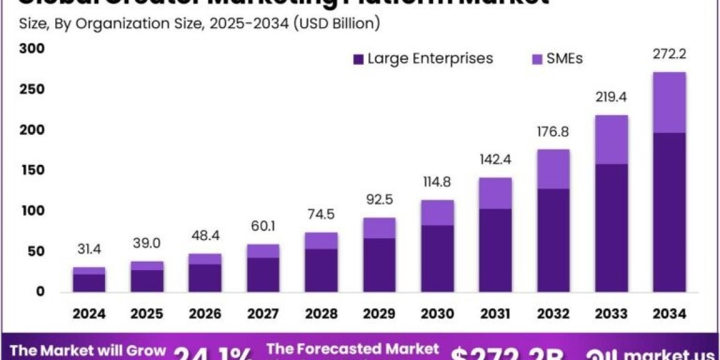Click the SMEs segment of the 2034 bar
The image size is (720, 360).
point(669,103)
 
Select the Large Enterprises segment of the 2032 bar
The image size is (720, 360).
point(554,240)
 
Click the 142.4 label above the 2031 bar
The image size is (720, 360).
point(495,161)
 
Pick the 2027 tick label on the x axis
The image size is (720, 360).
point(263,314)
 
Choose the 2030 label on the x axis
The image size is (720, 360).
point(437,314)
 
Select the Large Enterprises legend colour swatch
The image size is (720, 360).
point(359,59)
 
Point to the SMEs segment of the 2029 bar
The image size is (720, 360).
point(379,228)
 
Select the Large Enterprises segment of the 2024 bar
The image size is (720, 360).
point(89,283)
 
